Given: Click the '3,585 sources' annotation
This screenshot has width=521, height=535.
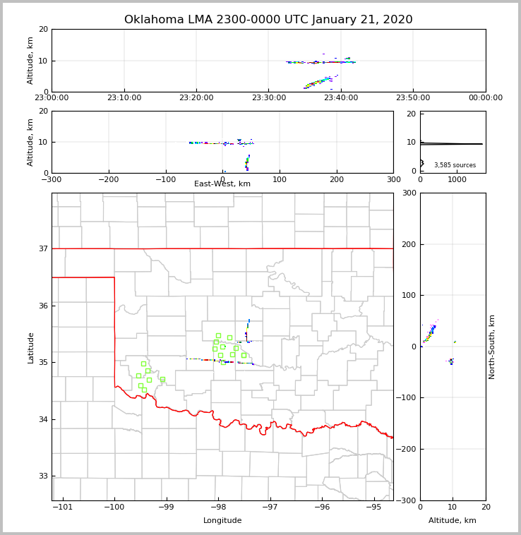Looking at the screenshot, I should pos(455,165).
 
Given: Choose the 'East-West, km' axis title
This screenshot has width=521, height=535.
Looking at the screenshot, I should pos(222,184).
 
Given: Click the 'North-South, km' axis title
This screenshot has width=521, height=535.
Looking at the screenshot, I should pos(492,347).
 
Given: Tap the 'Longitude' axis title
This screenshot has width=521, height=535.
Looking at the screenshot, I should pos(222,521).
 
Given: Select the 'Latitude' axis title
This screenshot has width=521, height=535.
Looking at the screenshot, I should pos(30,347).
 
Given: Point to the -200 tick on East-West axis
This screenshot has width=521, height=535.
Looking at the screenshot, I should pos(108,179).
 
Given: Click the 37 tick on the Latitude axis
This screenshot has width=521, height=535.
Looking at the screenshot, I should pos(43,248).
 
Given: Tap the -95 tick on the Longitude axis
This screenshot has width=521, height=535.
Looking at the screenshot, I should pos(373,507).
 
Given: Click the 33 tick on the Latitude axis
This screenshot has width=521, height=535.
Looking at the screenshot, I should pos(43,476).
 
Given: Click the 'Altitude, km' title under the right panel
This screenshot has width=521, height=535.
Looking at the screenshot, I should pos(453,521).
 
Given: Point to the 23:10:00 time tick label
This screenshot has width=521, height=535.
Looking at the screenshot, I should pos(124,98).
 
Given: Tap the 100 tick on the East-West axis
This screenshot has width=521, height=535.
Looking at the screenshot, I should pos(280,179).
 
